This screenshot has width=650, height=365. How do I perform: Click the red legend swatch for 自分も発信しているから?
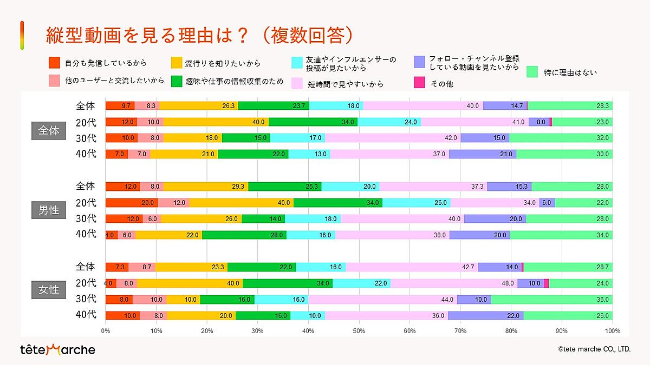tap(54, 63)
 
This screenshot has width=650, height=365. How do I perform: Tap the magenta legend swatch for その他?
tap(419, 83)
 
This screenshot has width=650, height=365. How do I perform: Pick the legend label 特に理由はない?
tap(570, 72)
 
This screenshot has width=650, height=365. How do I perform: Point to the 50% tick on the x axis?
tap(359, 330)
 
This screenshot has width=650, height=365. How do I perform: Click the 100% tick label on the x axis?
tap(612, 330)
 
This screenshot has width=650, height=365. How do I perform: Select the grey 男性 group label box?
tap(49, 210)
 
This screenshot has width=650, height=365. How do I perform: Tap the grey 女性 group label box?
tap(49, 290)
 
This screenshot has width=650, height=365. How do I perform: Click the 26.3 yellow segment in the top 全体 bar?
tap(198, 106)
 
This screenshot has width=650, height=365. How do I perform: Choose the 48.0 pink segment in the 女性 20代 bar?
tap(454, 283)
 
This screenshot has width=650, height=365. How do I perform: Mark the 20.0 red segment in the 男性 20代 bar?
tap(132, 203)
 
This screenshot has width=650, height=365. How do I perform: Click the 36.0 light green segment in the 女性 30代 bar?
tap(551, 300)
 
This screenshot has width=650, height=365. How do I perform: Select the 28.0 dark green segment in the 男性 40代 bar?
tap(244, 235)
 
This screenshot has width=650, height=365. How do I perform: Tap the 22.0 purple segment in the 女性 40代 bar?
tap(485, 316)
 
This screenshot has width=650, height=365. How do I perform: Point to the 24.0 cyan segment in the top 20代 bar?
tap(389, 122)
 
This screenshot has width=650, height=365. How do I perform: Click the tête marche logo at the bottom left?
tap(57, 349)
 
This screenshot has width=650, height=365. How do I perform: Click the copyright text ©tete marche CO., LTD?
tap(594, 349)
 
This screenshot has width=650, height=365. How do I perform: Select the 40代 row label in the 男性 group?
tap(86, 235)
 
